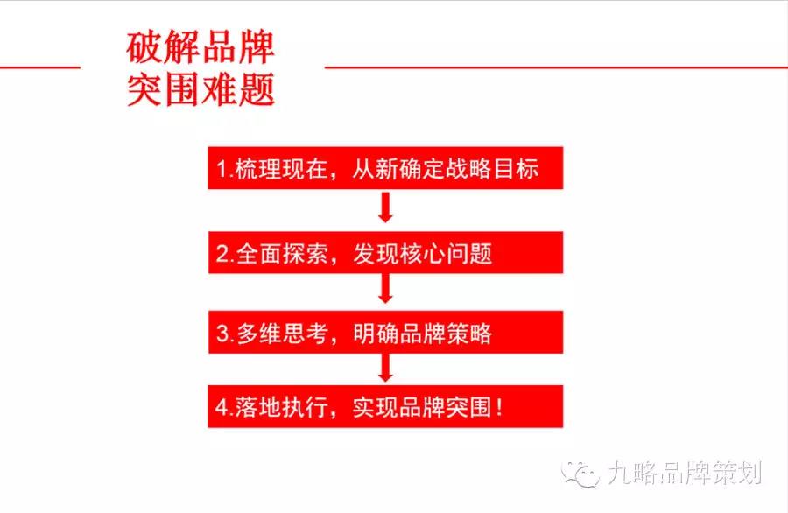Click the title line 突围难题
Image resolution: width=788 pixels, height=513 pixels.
click(200, 89)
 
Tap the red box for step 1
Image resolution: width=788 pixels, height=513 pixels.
click(385, 168)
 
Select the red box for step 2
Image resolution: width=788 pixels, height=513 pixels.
click(385, 252)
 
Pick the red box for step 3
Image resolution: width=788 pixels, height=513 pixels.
click(385, 332)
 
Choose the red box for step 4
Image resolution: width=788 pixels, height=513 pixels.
click(385, 406)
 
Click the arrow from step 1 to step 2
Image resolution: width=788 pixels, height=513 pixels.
click(385, 207)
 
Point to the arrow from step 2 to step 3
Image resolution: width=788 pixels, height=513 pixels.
click(385, 288)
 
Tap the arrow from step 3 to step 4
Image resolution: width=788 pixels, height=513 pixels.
click(385, 368)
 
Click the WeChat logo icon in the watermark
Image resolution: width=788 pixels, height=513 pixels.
click(580, 474)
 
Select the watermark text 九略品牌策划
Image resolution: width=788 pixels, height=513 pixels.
click(685, 473)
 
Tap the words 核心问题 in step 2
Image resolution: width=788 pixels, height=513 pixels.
click(446, 253)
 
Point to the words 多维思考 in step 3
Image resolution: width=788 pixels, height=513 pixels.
click(283, 333)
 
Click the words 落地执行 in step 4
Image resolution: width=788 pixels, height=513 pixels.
click(283, 407)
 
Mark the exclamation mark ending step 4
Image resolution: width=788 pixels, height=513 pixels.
click(499, 407)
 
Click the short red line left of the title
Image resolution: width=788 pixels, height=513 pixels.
click(40, 67)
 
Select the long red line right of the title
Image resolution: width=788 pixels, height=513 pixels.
click(556, 67)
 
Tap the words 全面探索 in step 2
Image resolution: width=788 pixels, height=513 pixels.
click(283, 253)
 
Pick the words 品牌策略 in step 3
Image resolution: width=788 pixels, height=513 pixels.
click(446, 333)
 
